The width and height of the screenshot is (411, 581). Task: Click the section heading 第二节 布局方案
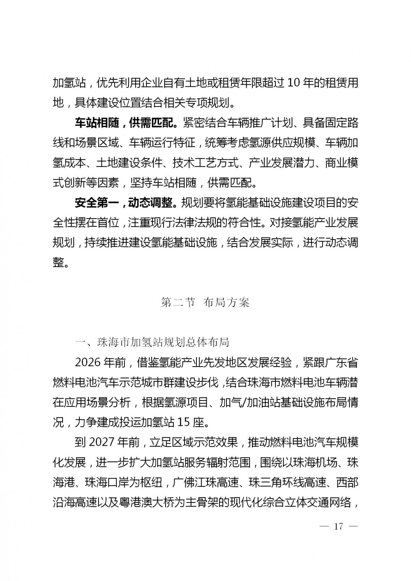(x=205, y=303)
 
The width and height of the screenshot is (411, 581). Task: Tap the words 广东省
(x=342, y=362)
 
